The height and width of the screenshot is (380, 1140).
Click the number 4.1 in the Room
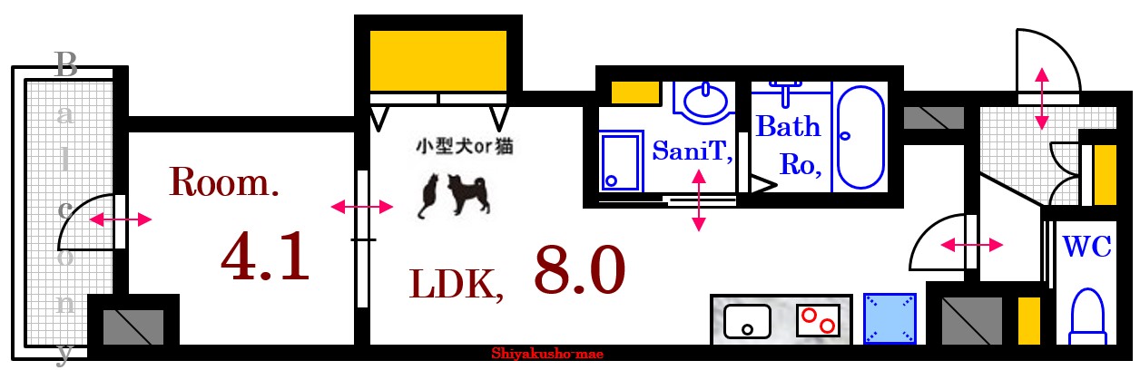pyautogui.click(x=265, y=257)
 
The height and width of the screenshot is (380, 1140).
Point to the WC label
pyautogui.click(x=1086, y=246)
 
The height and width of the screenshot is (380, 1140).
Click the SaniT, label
pyautogui.click(x=693, y=151)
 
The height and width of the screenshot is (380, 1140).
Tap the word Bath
pyautogui.click(x=788, y=126)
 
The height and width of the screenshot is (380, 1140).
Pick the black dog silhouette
pyautogui.click(x=464, y=194)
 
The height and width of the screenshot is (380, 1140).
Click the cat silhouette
pyautogui.click(x=427, y=197)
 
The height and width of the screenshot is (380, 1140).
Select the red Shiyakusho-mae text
pyautogui.click(x=547, y=355)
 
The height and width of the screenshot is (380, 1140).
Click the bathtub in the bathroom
pyautogui.click(x=860, y=137)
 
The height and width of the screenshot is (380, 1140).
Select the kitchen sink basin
pyautogui.click(x=746, y=320)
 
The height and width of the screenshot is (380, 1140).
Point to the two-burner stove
pyautogui.click(x=817, y=320)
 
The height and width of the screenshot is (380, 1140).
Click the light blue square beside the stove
pyautogui.click(x=889, y=319)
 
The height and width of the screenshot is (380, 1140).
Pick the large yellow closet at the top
pyautogui.click(x=437, y=59)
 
